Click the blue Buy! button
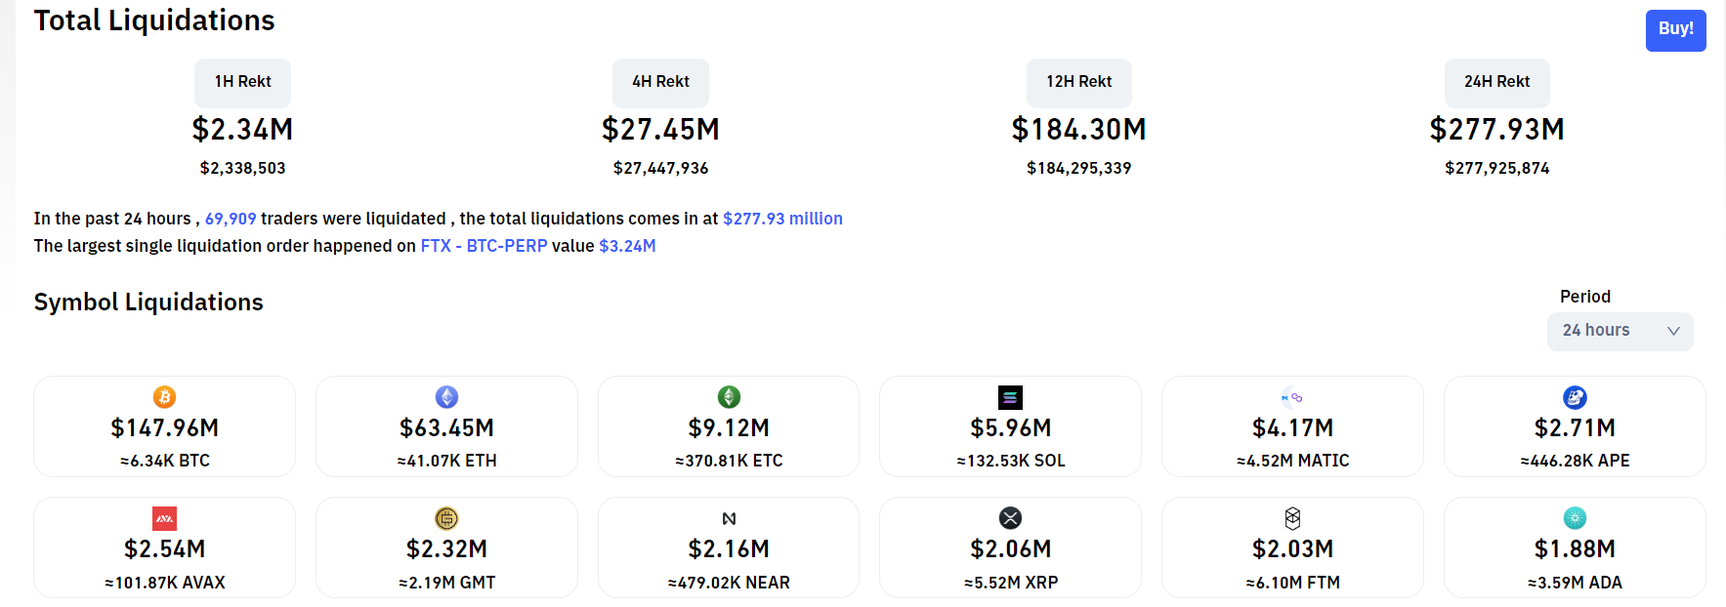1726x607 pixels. point(1675,30)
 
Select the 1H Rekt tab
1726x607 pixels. point(242,82)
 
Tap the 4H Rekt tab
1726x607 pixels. point(660,82)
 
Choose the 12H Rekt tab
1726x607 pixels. point(1078,82)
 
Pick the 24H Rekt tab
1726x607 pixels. point(1496,82)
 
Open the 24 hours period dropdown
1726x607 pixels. point(1620,331)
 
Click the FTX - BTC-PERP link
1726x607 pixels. point(484,246)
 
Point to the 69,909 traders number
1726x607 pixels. point(231,219)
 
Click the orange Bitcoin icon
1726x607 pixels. point(164,397)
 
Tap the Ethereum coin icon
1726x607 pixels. point(446,397)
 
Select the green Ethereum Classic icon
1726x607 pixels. point(729,397)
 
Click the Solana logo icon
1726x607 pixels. point(1010,397)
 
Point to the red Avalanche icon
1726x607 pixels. point(164,518)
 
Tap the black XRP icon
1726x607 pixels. point(1010,518)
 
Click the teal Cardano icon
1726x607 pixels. point(1575,518)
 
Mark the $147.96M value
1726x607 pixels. point(164,428)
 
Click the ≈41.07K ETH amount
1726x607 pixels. point(446,461)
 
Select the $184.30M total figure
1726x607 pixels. point(1078,129)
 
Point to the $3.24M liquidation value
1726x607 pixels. point(627,246)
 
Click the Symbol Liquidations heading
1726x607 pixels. point(148,303)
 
